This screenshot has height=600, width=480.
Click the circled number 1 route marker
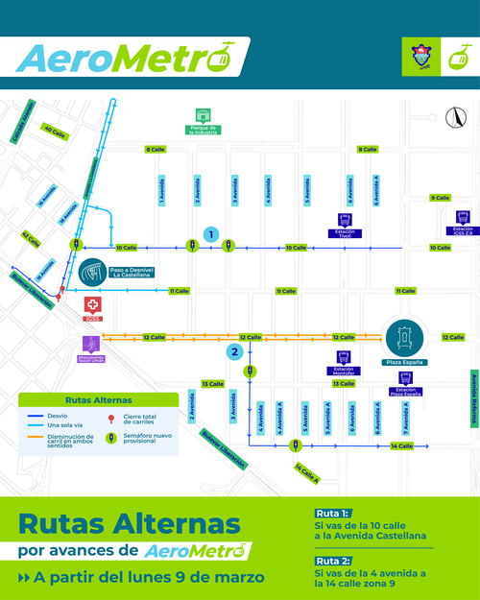point(210,233)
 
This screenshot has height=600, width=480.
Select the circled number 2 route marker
point(233,352)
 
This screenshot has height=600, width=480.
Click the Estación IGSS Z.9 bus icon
point(463,218)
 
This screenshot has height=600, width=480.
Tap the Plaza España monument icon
point(403,336)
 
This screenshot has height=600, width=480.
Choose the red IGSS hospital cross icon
point(93,303)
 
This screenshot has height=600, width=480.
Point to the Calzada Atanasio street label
point(21,118)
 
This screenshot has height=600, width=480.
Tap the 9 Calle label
point(440,198)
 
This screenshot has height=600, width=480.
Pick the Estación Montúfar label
point(344,369)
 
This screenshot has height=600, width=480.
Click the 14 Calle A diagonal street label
point(306,471)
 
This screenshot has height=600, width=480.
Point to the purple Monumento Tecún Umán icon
point(90,342)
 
